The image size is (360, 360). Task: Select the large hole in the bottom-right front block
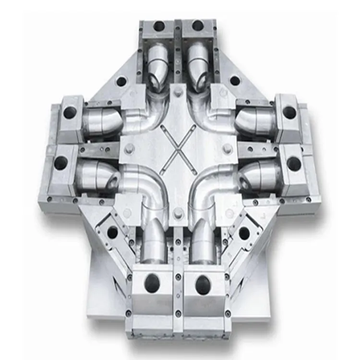click(x=203, y=283)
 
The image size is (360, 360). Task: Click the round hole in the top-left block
click(x=158, y=26)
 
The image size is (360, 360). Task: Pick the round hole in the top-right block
click(x=197, y=25)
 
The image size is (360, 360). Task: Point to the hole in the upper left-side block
click(x=70, y=113)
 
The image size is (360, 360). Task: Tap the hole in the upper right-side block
click(x=289, y=112)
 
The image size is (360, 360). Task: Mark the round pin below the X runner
click(x=178, y=212)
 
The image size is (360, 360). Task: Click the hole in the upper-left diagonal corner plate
click(x=121, y=81)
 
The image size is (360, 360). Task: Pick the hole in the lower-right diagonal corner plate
click(x=244, y=234)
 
